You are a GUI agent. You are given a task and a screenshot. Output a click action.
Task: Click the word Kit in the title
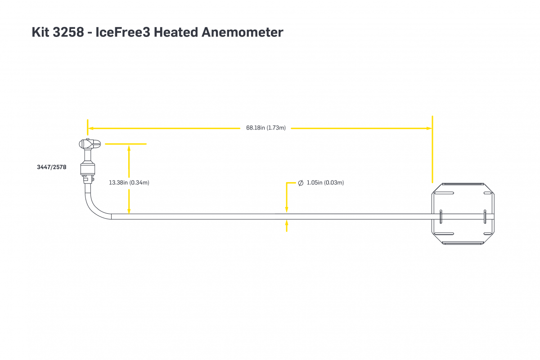tap(42, 32)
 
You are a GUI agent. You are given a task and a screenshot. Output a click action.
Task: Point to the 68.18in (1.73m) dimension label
tap(265, 128)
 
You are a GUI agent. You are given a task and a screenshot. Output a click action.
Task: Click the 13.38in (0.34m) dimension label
tap(129, 183)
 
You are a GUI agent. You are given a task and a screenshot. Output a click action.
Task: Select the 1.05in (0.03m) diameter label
tap(325, 183)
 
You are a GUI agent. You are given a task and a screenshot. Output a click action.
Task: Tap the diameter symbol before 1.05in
tap(301, 183)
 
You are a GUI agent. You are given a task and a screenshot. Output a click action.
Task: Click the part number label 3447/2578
tap(51, 167)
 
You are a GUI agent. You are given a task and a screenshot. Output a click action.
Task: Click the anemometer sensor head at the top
tap(89, 144)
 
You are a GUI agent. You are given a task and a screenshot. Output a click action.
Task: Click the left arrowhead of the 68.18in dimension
tap(90, 128)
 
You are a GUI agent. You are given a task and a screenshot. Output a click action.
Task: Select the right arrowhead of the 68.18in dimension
tap(429, 128)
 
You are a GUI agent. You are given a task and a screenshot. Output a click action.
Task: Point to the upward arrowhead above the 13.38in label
tap(129, 147)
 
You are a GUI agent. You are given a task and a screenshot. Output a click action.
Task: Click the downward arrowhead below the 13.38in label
tap(129, 211)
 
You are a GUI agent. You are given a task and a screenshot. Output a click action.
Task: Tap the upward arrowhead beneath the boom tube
tap(287, 222)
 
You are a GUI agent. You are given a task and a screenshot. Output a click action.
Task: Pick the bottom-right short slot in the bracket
tap(488, 234)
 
